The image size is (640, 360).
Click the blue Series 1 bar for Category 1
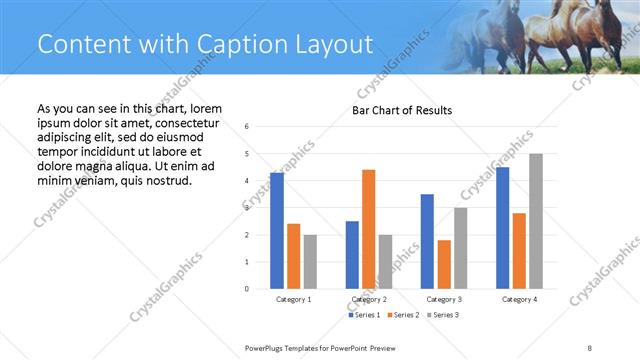tap(277, 231)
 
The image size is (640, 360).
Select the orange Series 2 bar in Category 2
tap(368, 229)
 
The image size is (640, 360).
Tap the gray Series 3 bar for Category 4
tap(536, 221)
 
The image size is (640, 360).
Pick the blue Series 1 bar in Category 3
tap(427, 241)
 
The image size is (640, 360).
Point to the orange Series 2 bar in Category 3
tap(444, 264)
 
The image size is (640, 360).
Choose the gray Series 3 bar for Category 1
tap(310, 262)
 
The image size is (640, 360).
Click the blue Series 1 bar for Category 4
tap(502, 228)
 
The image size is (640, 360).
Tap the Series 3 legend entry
tap(443, 315)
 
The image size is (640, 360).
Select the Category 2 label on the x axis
tap(369, 299)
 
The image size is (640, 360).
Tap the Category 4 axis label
tap(519, 299)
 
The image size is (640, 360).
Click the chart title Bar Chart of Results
tap(401, 110)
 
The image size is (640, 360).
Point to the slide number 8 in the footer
tap(589, 347)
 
